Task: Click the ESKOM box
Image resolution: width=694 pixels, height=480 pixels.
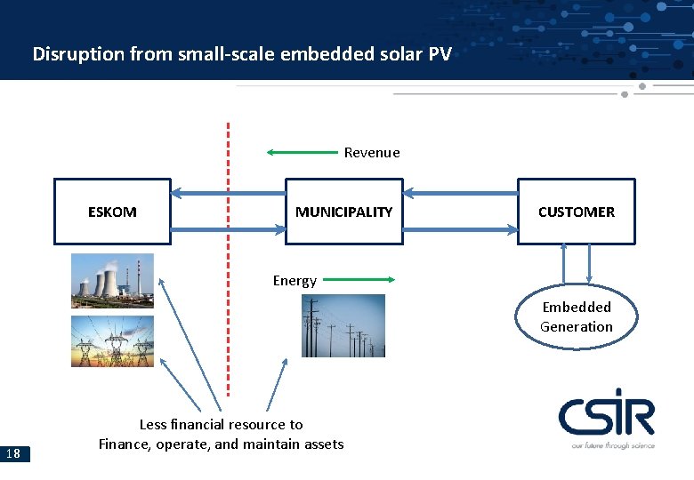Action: pyautogui.click(x=112, y=212)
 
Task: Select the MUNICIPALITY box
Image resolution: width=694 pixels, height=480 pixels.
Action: pyautogui.click(x=343, y=212)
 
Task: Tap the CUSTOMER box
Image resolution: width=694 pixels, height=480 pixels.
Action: pyautogui.click(x=576, y=212)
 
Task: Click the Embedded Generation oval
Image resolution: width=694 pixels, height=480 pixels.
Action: pyautogui.click(x=576, y=317)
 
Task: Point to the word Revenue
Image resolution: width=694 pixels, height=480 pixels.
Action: pyautogui.click(x=372, y=153)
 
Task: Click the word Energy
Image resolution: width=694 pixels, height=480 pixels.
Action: pyautogui.click(x=295, y=281)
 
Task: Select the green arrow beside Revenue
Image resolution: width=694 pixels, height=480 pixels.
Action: pyautogui.click(x=303, y=152)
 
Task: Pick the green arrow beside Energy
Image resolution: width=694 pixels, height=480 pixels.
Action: pyautogui.click(x=356, y=279)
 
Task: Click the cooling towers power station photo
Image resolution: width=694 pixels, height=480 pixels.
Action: pyautogui.click(x=112, y=280)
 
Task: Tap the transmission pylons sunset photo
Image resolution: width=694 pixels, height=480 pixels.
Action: pyautogui.click(x=112, y=341)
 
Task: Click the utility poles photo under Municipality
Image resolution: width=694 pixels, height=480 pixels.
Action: pyautogui.click(x=343, y=326)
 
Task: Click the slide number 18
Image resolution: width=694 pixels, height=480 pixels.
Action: pyautogui.click(x=13, y=454)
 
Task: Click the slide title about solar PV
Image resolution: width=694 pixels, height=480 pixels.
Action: pyautogui.click(x=242, y=53)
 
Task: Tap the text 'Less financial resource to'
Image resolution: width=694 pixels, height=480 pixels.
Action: pyautogui.click(x=221, y=425)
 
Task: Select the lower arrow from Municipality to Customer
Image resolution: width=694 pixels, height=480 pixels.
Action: pyautogui.click(x=459, y=229)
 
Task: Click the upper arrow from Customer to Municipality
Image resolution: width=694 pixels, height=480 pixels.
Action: pyautogui.click(x=459, y=193)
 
